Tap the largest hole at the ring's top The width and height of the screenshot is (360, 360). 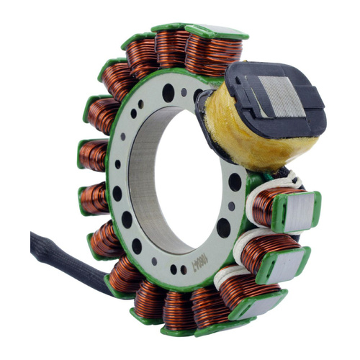pos(167,93)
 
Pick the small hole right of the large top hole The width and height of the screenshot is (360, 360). pos(184,91)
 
